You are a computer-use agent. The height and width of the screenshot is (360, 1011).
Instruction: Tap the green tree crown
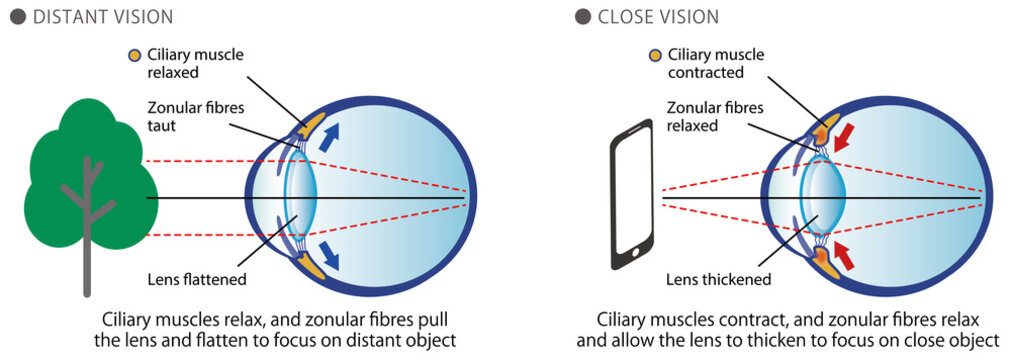[85, 165]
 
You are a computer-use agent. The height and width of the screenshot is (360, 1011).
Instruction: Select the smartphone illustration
[630, 196]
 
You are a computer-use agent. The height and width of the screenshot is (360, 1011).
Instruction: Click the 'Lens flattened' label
[200, 278]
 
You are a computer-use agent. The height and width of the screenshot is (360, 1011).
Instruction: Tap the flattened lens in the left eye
[301, 196]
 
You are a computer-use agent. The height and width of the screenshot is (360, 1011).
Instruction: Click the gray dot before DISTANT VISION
[17, 17]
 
